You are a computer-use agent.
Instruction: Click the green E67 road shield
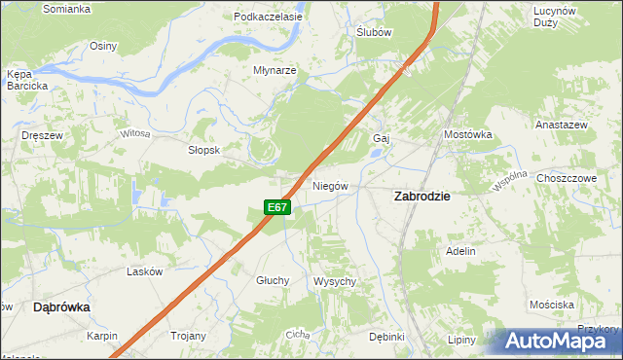[277, 207]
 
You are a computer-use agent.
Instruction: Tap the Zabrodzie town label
[421, 196]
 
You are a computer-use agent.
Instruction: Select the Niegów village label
[331, 185]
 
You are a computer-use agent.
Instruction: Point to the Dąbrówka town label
[61, 306]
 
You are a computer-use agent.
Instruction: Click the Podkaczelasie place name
[269, 17]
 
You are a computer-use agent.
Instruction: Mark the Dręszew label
[42, 135]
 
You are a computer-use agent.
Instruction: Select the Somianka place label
[67, 9]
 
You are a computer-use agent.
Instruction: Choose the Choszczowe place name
[566, 179]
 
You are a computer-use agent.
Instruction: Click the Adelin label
[460, 251]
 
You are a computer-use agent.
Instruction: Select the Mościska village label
[551, 305]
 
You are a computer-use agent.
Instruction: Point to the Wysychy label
[335, 281]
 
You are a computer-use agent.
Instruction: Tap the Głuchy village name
[273, 280]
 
